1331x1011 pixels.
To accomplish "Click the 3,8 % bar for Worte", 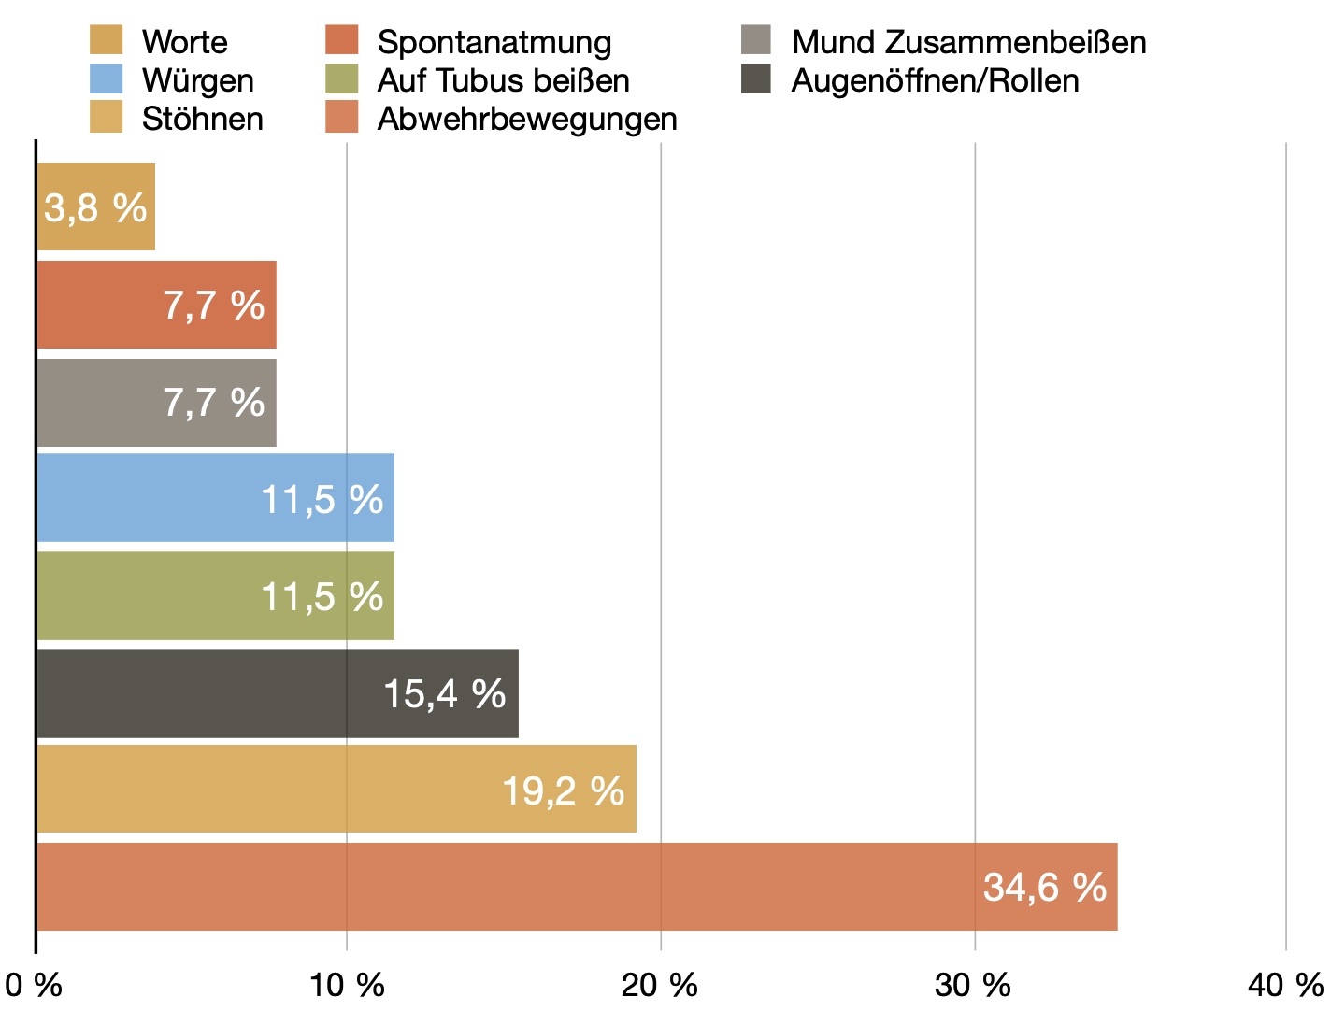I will pyautogui.click(x=95, y=206).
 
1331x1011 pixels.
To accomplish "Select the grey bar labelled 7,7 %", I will pyautogui.click(x=156, y=403).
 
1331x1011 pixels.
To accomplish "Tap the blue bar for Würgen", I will pyautogui.click(x=215, y=498).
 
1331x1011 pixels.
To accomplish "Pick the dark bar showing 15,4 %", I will pyautogui.click(x=277, y=693).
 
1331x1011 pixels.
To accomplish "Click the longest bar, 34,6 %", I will pyautogui.click(x=576, y=887).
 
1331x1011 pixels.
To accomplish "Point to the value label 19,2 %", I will pyautogui.click(x=563, y=791).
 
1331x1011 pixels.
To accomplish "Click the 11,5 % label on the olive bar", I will pyautogui.click(x=322, y=596).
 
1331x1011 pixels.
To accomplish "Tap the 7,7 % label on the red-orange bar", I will pyautogui.click(x=214, y=306).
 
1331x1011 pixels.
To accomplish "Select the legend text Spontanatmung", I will pyautogui.click(x=494, y=42).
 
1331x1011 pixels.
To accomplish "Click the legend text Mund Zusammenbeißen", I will pyautogui.click(x=968, y=42).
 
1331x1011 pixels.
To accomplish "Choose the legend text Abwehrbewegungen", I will pyautogui.click(x=527, y=119).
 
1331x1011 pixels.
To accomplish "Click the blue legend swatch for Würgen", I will pyautogui.click(x=106, y=80).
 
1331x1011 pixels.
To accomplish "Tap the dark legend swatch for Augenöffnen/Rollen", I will pyautogui.click(x=755, y=80).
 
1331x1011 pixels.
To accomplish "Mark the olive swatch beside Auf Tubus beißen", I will pyautogui.click(x=341, y=80).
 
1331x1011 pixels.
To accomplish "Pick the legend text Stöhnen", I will pyautogui.click(x=203, y=119).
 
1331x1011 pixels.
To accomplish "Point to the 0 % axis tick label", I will pyautogui.click(x=34, y=985).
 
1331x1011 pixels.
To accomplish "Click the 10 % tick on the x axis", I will pyautogui.click(x=347, y=985).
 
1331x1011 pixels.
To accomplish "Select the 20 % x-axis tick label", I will pyautogui.click(x=661, y=985).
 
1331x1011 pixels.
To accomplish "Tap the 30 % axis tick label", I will pyautogui.click(x=974, y=985).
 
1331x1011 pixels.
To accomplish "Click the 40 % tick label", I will pyautogui.click(x=1286, y=985).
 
